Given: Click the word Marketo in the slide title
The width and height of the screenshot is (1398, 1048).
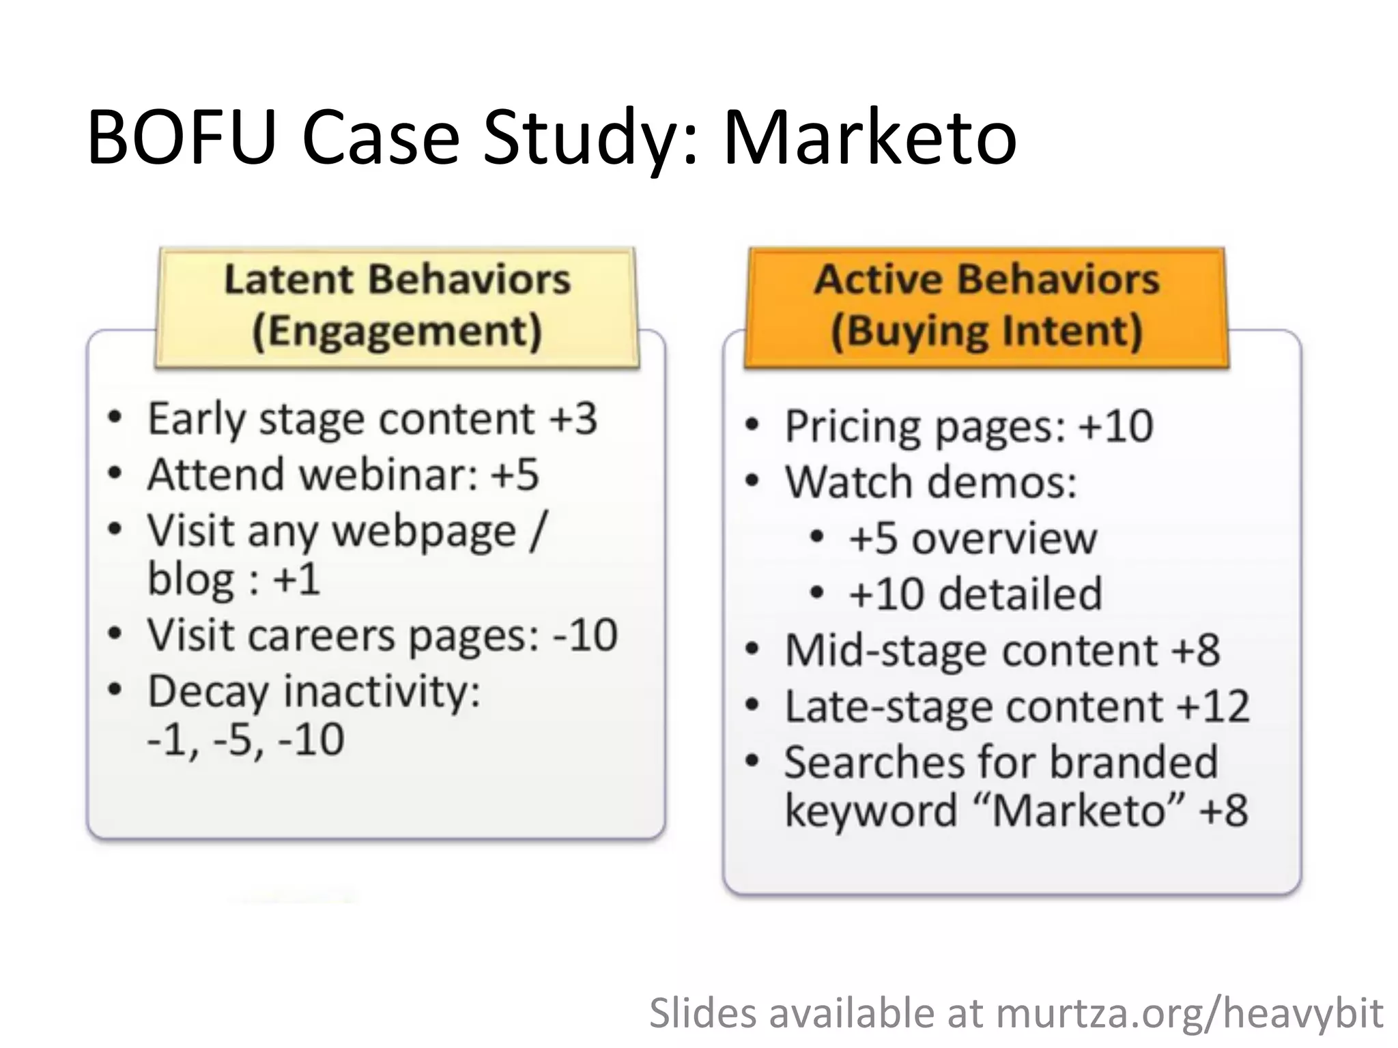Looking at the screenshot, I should (x=870, y=138).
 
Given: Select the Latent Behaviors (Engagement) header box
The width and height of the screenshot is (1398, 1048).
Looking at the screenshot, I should (x=397, y=306).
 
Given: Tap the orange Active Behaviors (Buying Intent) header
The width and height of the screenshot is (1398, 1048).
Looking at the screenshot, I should (x=986, y=306).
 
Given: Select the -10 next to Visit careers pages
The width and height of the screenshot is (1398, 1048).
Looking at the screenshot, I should (x=585, y=635).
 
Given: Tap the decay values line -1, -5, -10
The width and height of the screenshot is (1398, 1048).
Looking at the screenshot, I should (x=246, y=740).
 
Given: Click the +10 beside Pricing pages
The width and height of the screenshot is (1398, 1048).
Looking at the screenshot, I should (x=1115, y=426).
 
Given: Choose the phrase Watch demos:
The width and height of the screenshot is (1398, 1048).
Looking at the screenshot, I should (x=930, y=482).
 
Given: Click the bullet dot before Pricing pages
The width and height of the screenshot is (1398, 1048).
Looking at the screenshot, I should (x=752, y=426).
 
